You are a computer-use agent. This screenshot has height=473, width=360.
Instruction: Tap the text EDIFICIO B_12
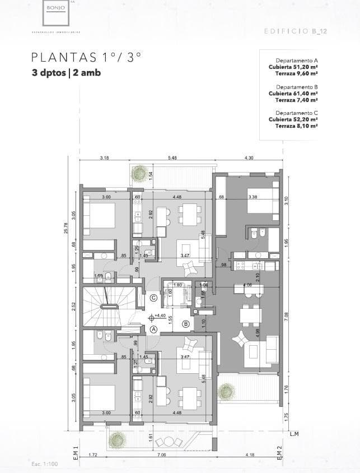295,31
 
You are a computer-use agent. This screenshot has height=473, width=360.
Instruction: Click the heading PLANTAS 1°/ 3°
86,57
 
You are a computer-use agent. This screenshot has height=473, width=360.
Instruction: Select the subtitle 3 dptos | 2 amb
67,73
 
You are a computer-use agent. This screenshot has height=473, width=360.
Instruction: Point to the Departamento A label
297,60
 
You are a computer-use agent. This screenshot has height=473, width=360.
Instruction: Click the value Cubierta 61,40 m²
293,93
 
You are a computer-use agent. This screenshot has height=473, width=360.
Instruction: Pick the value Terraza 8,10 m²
297,126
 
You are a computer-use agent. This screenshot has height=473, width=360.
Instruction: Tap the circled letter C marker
153,298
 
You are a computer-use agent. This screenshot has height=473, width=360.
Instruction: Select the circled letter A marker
152,330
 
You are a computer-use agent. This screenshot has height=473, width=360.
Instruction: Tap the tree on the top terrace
138,173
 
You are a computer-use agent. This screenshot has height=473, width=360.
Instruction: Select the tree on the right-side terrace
226,390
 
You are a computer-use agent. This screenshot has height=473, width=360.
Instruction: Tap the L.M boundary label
294,434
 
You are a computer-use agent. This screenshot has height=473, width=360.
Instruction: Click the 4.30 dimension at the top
249,158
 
